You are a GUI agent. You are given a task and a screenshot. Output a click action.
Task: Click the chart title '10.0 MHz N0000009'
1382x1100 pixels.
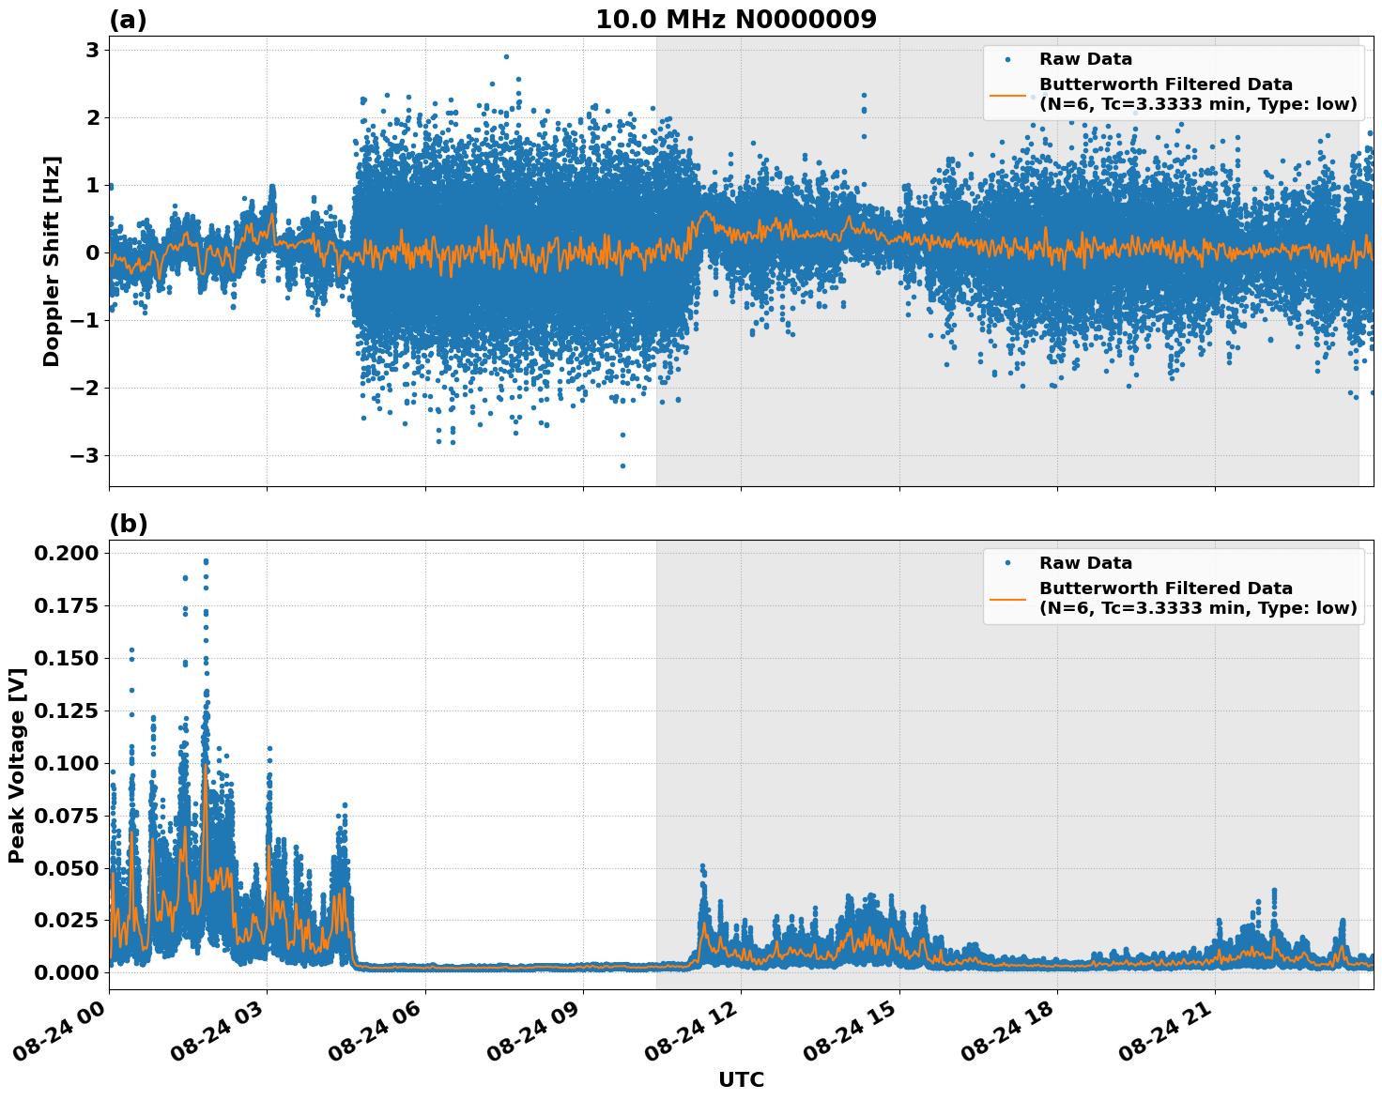[x=736, y=20]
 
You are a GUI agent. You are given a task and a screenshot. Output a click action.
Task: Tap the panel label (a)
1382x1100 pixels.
[x=128, y=20]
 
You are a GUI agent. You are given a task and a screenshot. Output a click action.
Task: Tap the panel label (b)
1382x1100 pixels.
[x=128, y=524]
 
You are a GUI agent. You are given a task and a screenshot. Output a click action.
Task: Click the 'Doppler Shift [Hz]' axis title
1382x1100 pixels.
[x=52, y=261]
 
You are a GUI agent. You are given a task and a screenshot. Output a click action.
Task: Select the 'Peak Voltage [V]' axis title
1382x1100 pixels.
[x=16, y=765]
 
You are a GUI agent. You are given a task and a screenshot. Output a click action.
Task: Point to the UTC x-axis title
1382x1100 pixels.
[x=741, y=1079]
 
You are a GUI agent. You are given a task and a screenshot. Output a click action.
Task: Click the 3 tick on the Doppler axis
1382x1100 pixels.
[x=92, y=50]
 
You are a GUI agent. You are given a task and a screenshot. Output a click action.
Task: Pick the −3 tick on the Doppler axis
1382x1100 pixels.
[x=84, y=455]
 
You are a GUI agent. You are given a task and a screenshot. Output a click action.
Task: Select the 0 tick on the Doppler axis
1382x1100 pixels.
[x=92, y=252]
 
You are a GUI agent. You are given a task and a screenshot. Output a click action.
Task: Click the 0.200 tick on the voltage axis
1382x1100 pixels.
[x=66, y=553]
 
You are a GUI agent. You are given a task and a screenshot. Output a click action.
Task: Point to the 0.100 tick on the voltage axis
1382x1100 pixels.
[x=66, y=763]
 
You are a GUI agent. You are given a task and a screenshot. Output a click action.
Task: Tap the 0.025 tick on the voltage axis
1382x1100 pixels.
[x=66, y=920]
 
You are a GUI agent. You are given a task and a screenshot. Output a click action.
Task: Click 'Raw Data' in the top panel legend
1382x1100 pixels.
[x=1085, y=59]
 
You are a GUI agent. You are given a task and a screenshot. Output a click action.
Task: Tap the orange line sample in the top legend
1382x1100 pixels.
[x=1007, y=94]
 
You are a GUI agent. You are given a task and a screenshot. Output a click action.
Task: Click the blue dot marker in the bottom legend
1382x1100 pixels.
[x=1007, y=563]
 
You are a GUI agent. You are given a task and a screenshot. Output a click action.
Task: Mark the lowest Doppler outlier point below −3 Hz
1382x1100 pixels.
[x=622, y=466]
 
